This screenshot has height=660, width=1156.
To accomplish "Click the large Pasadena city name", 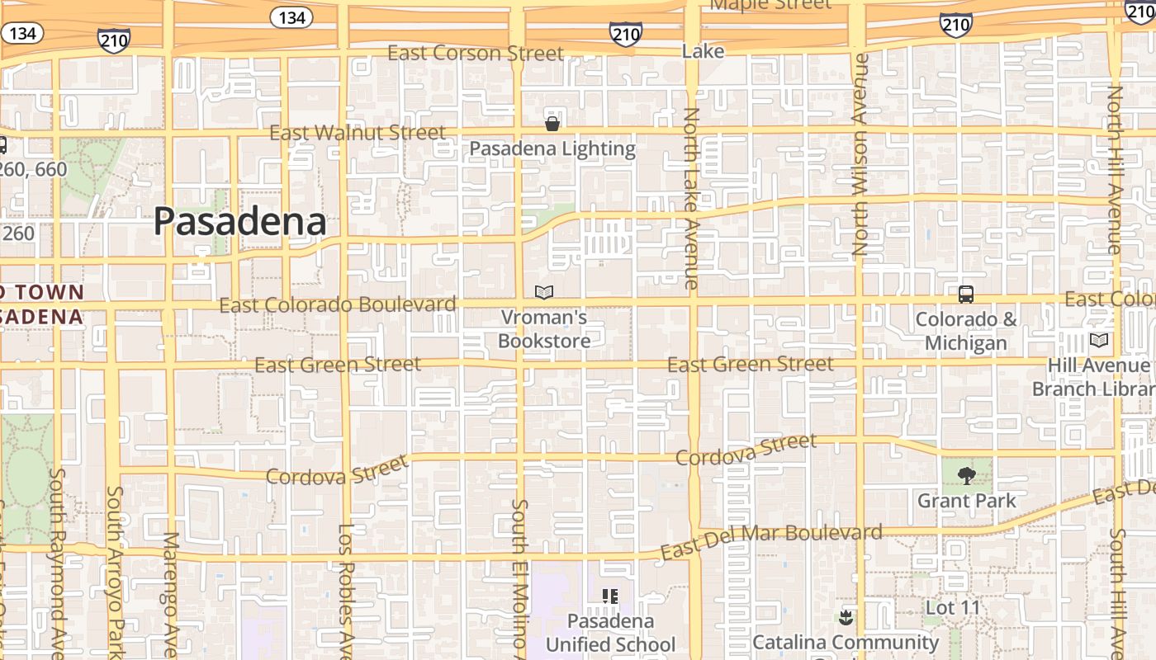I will click(x=239, y=222).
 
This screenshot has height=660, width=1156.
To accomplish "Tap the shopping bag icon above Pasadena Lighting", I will click(x=552, y=124).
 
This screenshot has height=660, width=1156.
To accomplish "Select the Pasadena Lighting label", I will click(x=552, y=149).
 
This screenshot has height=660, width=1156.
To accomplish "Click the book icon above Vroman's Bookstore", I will click(x=543, y=292).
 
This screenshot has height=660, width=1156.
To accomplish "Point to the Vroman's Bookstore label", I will click(x=544, y=329).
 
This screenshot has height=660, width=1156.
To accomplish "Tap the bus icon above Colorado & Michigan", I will click(x=965, y=294).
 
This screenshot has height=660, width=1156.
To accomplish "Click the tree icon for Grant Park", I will click(x=966, y=475).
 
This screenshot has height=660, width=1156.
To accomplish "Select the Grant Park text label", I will click(x=967, y=501).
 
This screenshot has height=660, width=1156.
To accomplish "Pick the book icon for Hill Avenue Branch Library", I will click(x=1098, y=340).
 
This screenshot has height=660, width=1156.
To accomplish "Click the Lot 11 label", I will click(x=953, y=608).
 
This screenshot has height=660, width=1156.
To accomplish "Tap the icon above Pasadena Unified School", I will click(x=610, y=596).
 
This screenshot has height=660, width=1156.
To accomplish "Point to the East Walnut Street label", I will click(x=358, y=133).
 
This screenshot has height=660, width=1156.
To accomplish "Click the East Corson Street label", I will click(x=476, y=54).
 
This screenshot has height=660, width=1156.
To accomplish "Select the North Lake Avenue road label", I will click(x=692, y=198).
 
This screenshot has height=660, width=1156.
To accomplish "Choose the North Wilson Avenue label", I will click(x=860, y=154).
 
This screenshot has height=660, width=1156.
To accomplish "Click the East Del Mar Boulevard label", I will click(x=771, y=540).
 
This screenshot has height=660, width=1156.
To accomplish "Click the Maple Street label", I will click(x=770, y=5).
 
